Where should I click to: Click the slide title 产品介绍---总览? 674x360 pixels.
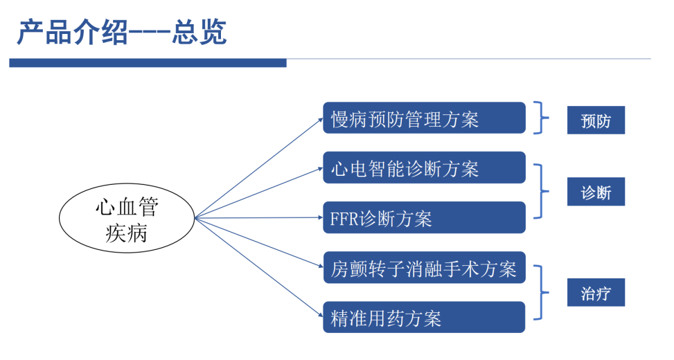coord(122,33)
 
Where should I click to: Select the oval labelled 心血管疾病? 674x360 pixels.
coord(127,218)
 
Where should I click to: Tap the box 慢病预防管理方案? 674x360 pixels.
coord(424,118)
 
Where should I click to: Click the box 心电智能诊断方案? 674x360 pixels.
coord(424,168)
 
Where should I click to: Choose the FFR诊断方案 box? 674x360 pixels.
coord(424,217)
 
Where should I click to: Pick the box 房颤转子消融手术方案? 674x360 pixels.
coord(424,268)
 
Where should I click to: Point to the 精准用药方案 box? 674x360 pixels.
coord(424,317)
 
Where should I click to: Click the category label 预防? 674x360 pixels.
coord(596,120)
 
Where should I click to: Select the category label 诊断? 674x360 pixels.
coord(596,192)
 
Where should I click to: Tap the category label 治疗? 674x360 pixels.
coord(596,293)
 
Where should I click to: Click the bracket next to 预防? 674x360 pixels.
coord(541,118)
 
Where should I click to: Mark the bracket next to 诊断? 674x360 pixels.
coord(541,191)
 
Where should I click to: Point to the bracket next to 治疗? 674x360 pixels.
coord(541,293)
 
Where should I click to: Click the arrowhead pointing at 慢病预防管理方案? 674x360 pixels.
coord(320,120)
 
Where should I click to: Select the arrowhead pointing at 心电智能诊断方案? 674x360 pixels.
coord(320,168)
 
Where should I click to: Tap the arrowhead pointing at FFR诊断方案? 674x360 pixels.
coord(320,217)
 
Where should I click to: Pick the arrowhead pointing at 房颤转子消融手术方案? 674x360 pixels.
coord(320,267)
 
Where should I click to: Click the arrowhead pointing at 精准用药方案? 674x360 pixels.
coord(321,315)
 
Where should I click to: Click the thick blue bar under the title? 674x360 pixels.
coord(148,63)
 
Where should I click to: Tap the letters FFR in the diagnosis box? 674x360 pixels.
coord(344,219)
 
